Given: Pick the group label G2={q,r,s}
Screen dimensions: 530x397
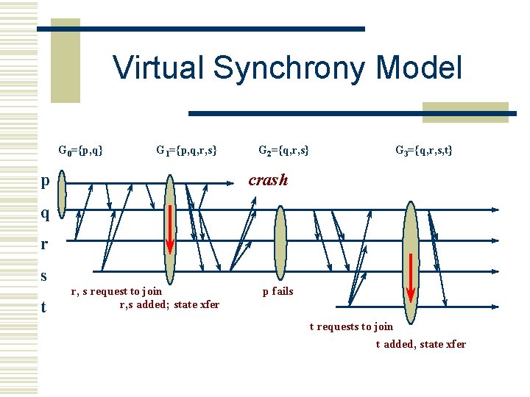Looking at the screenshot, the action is point(283,151).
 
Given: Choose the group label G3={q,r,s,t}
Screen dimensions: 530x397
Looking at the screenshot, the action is point(423,151).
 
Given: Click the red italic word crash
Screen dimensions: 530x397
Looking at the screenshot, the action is point(268,180).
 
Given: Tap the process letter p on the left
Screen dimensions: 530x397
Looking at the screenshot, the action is point(46,181).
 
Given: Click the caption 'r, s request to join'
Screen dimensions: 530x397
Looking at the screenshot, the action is point(116,292).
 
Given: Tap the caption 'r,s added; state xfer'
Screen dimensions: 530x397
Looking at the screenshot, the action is point(169,304).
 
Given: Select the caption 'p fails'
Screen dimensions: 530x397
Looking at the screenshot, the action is point(278,291).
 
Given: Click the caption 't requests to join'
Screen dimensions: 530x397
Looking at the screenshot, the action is point(351,326).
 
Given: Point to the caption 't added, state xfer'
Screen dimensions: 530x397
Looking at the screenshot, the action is point(420,344).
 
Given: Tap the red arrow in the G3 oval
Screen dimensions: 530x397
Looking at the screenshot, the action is point(411,275).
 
